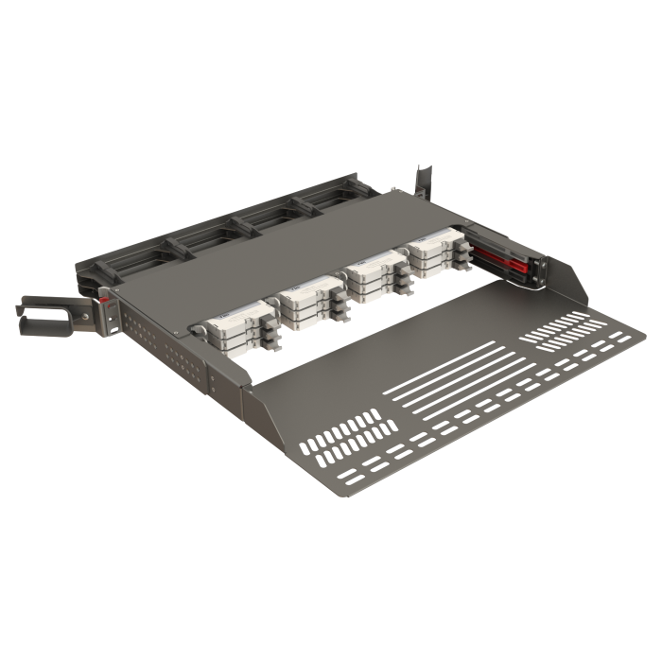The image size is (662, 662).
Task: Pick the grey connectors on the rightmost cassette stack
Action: [x=459, y=260]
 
